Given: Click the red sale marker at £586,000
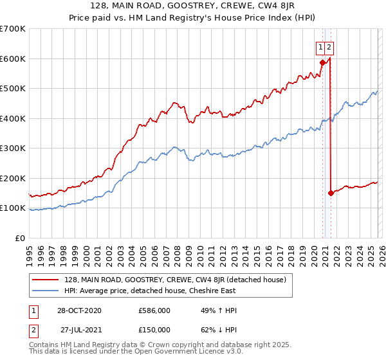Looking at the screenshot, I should [322, 62].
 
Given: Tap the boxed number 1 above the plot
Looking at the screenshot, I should [320, 47].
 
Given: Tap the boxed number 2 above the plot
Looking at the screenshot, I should [329, 47].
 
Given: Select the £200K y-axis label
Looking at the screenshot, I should [12, 178].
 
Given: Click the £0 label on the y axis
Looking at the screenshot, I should [19, 238].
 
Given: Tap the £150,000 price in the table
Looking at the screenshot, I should [154, 329].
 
